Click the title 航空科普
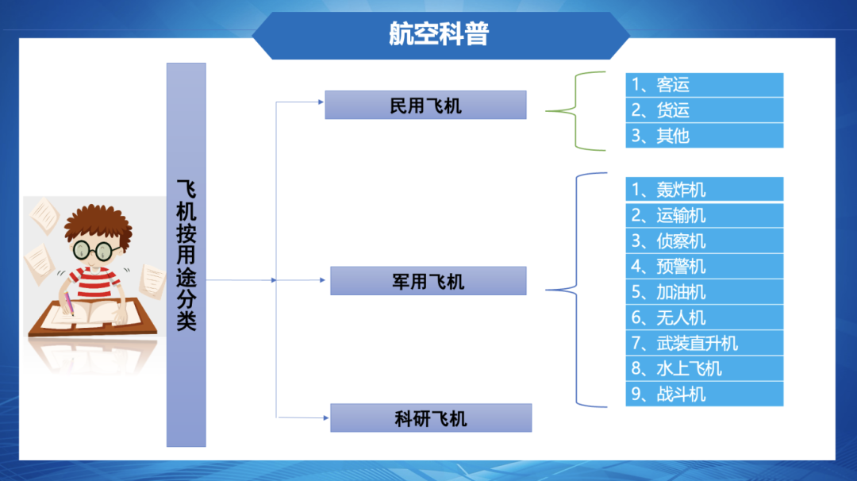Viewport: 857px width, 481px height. tap(439, 34)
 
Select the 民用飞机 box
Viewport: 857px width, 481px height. tap(425, 105)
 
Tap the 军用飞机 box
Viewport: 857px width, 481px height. tap(428, 281)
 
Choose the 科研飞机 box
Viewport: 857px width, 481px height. tap(431, 418)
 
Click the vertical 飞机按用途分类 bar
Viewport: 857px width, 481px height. tap(186, 255)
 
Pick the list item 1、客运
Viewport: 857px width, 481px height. tap(704, 85)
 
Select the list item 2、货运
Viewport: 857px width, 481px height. tap(704, 110)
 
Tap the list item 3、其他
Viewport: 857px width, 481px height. tap(704, 136)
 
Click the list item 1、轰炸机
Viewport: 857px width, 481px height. tap(704, 190)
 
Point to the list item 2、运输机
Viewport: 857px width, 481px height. tap(704, 215)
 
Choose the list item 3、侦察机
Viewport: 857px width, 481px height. tap(704, 240)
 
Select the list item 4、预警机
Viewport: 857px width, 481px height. tap(704, 266)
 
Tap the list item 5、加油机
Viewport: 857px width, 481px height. tap(704, 292)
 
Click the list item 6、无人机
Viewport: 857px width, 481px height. tap(704, 317)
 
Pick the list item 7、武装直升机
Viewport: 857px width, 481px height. tap(704, 343)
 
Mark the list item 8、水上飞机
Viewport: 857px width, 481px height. tap(704, 368)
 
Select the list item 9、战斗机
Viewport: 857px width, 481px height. tap(704, 394)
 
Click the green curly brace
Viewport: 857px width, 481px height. tap(575, 111)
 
